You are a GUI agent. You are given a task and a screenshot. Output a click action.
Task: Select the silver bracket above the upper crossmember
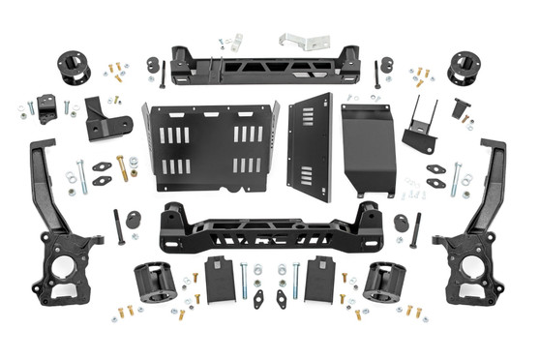point(295,43)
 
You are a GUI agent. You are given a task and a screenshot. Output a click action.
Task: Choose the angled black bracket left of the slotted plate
point(107,118)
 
